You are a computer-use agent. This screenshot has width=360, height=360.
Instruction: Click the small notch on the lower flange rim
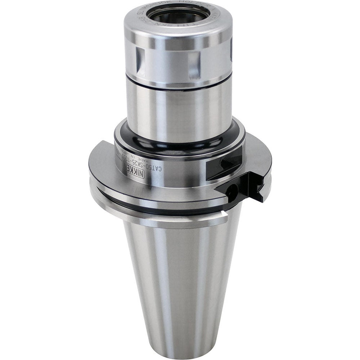(225, 215)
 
